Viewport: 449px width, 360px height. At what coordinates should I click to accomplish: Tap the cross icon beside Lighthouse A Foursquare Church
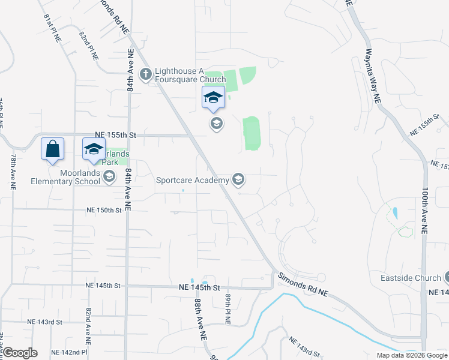145,74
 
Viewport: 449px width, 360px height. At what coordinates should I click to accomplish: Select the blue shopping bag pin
52,148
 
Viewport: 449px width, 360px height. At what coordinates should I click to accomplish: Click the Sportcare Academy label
192,179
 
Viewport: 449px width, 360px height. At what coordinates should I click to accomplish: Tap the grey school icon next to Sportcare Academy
238,179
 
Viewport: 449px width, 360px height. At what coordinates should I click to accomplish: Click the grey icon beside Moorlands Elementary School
109,176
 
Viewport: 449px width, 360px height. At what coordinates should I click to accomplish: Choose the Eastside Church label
411,278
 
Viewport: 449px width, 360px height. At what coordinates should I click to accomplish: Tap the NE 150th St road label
104,210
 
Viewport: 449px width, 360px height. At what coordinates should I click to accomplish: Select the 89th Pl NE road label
228,309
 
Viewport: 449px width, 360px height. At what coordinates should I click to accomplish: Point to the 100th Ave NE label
424,209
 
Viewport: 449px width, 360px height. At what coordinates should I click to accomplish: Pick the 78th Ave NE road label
13,171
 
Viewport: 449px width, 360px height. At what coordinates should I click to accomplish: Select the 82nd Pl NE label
89,45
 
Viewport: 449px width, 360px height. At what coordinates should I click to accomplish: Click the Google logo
19,353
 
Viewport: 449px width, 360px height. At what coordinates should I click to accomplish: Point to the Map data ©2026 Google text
411,355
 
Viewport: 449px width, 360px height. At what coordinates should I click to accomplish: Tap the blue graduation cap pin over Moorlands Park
94,148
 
